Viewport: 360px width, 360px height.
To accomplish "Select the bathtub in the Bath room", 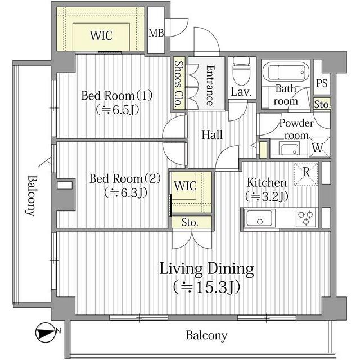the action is [285, 73].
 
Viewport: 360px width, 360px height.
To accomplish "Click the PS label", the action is [322, 83].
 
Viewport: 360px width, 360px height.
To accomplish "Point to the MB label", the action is [156, 33].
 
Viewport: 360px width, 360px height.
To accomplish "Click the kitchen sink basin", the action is [260, 218].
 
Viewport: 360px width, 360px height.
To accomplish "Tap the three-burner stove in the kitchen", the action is [305, 217].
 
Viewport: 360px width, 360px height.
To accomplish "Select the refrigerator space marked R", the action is [306, 174].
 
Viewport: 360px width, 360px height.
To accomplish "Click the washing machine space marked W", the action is [319, 147].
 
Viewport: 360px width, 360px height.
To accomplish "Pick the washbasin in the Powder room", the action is [290, 148].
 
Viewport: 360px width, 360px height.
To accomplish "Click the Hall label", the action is [212, 135].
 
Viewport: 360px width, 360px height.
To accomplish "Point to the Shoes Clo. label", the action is [179, 84].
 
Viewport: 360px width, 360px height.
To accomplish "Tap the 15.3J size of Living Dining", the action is [206, 287].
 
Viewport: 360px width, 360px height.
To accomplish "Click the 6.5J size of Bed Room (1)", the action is [118, 110].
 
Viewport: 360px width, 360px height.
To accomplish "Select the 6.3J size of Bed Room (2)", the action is [125, 193].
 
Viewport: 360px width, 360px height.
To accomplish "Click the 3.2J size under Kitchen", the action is [267, 196].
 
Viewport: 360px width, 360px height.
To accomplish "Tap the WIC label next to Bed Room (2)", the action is [185, 186].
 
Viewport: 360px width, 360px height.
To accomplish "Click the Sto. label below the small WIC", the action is [190, 222].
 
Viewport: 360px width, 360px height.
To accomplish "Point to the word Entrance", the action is [210, 85].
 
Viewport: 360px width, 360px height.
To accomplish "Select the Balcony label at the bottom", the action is [206, 335].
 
